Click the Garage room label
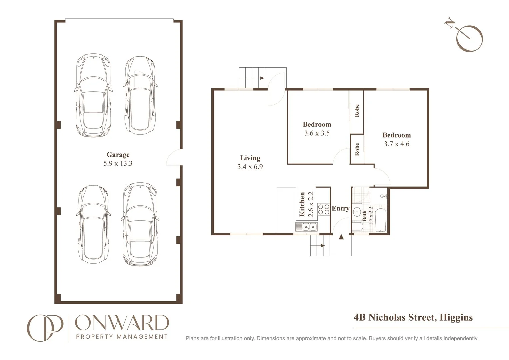click(118, 155)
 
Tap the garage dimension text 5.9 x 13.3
click(118, 164)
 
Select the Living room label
click(250, 158)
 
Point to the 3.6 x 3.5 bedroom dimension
click(317, 133)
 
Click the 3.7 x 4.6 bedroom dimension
click(396, 144)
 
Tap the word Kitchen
click(302, 204)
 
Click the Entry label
click(340, 208)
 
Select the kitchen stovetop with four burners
click(323, 209)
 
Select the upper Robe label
click(357, 111)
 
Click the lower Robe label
click(357, 149)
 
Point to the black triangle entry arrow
click(341, 237)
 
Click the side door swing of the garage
click(174, 157)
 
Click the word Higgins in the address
click(456, 317)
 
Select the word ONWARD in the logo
click(122, 323)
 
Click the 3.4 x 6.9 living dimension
click(250, 167)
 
